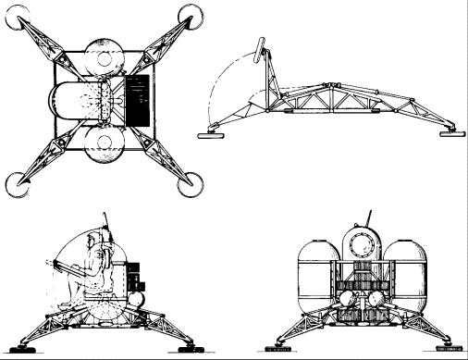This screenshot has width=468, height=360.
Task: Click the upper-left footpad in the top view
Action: pyautogui.click(x=20, y=19)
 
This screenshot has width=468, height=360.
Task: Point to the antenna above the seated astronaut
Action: pyautogui.click(x=111, y=223)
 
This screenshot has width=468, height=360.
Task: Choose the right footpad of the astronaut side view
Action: pyautogui.click(x=186, y=346)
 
